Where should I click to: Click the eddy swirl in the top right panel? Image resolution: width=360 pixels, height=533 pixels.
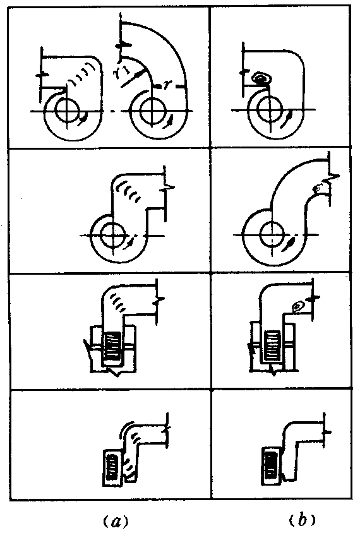coord(260,78)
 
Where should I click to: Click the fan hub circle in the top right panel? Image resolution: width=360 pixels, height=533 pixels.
coord(270,109)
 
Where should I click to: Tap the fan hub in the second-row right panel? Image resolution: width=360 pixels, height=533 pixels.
coord(272,234)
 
